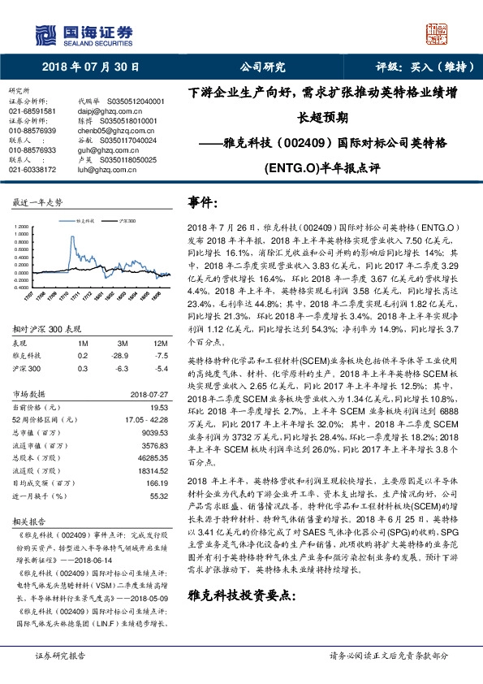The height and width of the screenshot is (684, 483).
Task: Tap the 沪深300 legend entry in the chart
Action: click(127, 220)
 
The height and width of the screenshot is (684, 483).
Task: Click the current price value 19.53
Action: click(158, 405)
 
